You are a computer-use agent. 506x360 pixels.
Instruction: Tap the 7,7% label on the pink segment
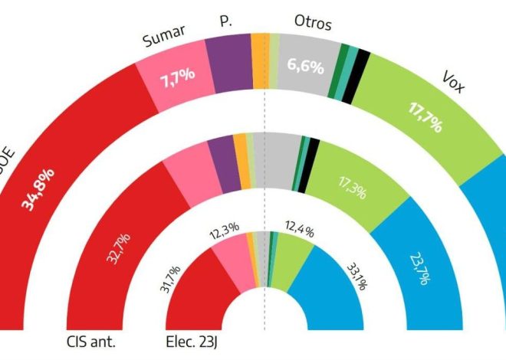click(x=177, y=77)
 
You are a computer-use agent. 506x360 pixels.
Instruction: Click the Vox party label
click(x=457, y=80)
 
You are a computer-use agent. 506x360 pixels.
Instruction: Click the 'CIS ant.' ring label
click(x=90, y=341)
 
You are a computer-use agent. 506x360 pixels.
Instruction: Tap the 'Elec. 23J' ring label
click(x=196, y=341)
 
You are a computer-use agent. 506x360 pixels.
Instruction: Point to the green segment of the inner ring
click(x=287, y=257)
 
